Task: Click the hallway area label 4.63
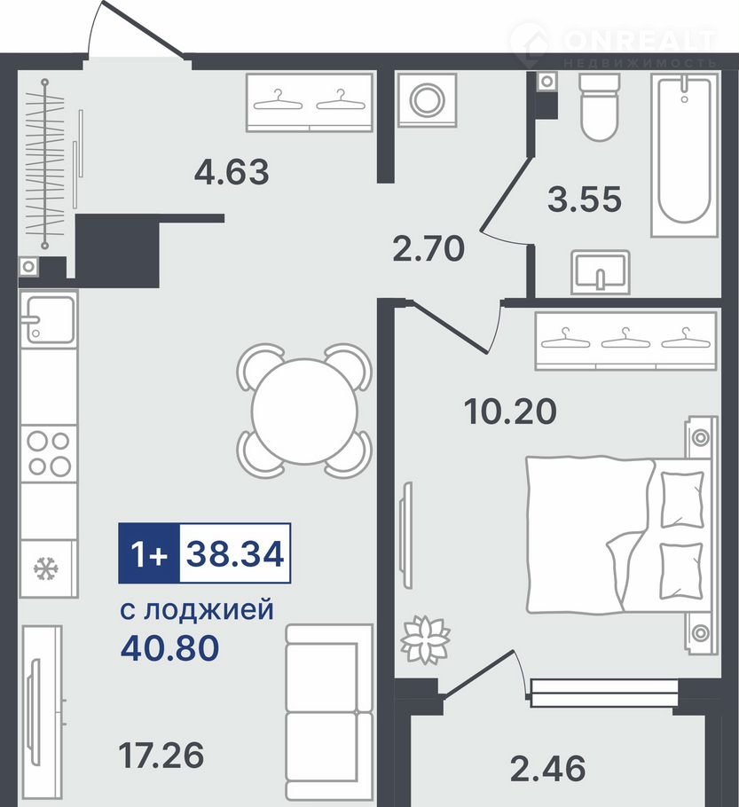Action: pos(232,172)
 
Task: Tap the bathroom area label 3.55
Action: pos(585,200)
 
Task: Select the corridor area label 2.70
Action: pos(428,248)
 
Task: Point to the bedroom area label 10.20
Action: pos(510,411)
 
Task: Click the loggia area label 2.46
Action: pos(548,768)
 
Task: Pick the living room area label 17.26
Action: pos(161,755)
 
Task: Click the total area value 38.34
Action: pos(235,554)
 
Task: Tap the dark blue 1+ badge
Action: pos(149,553)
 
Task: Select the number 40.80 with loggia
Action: pos(170,647)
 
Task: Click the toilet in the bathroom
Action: pos(599,107)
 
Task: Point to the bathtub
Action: pos(684,155)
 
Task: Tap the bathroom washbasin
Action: pos(601,272)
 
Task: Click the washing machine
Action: pos(427,100)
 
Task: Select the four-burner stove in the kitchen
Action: pos(49,453)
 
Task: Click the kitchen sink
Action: pos(48,319)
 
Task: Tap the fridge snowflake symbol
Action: pos(46,568)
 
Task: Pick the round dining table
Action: pos(304,411)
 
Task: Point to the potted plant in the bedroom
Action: pos(425,639)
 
